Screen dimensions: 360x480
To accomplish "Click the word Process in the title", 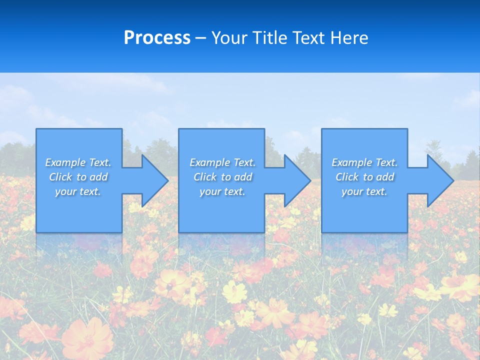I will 157,38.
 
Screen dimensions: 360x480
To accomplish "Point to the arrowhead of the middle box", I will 296,180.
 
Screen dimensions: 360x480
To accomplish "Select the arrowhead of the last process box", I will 438,180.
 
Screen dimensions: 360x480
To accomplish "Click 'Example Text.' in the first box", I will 78,162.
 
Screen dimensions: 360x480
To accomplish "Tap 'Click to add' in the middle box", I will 222,177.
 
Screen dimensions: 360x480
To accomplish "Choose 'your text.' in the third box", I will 364,191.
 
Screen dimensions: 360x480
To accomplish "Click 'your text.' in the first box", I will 78,191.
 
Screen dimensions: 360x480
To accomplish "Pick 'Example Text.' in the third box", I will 364,162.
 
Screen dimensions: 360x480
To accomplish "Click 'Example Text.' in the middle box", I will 222,162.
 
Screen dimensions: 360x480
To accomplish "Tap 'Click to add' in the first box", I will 78,177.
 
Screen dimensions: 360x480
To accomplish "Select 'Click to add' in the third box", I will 364,177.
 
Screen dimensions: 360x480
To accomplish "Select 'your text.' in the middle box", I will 222,191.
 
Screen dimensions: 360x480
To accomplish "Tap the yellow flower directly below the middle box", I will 234,291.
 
